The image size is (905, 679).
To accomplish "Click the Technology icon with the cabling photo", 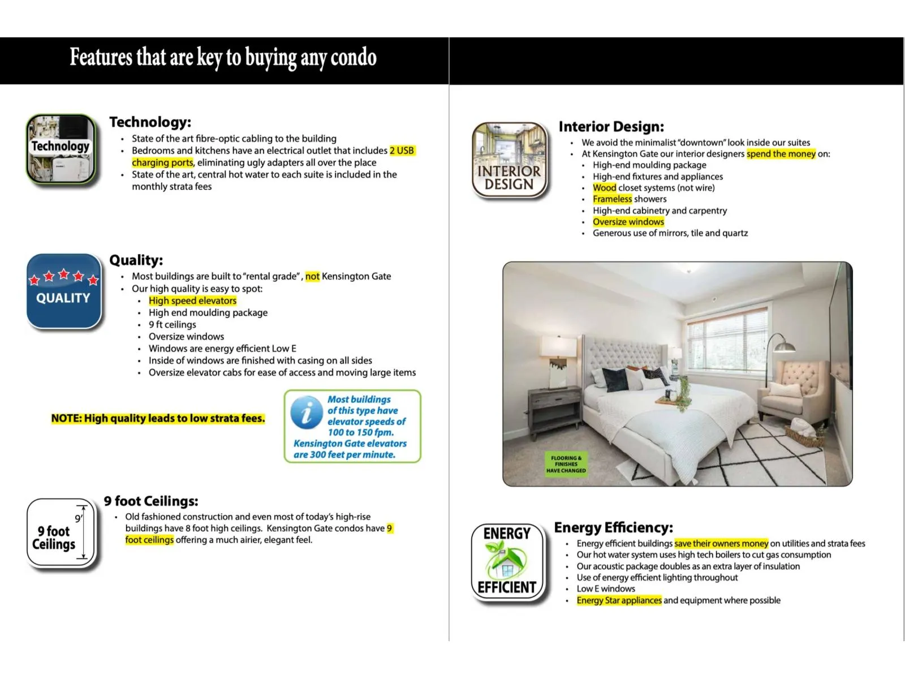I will (x=61, y=149).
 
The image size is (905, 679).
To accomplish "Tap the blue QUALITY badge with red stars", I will (x=63, y=291).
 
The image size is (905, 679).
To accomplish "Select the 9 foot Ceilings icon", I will (x=61, y=532).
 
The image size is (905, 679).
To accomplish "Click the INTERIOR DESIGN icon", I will (x=509, y=161).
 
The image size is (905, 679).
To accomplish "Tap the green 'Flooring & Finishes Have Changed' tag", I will (x=566, y=464).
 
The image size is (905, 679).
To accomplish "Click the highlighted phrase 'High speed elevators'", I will (x=192, y=300).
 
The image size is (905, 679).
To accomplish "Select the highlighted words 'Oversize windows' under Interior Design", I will (x=628, y=222).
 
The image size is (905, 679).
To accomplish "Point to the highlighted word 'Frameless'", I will (x=612, y=199).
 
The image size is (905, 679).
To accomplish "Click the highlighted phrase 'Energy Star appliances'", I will (x=619, y=600).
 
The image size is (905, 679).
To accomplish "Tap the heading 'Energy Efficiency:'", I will (x=613, y=527).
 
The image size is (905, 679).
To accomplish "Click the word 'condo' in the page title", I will (x=354, y=57).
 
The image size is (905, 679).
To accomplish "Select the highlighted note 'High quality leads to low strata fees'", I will (x=158, y=419).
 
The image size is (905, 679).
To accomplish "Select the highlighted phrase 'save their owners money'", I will (x=721, y=544).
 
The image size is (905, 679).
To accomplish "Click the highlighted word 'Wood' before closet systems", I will (x=604, y=188).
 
